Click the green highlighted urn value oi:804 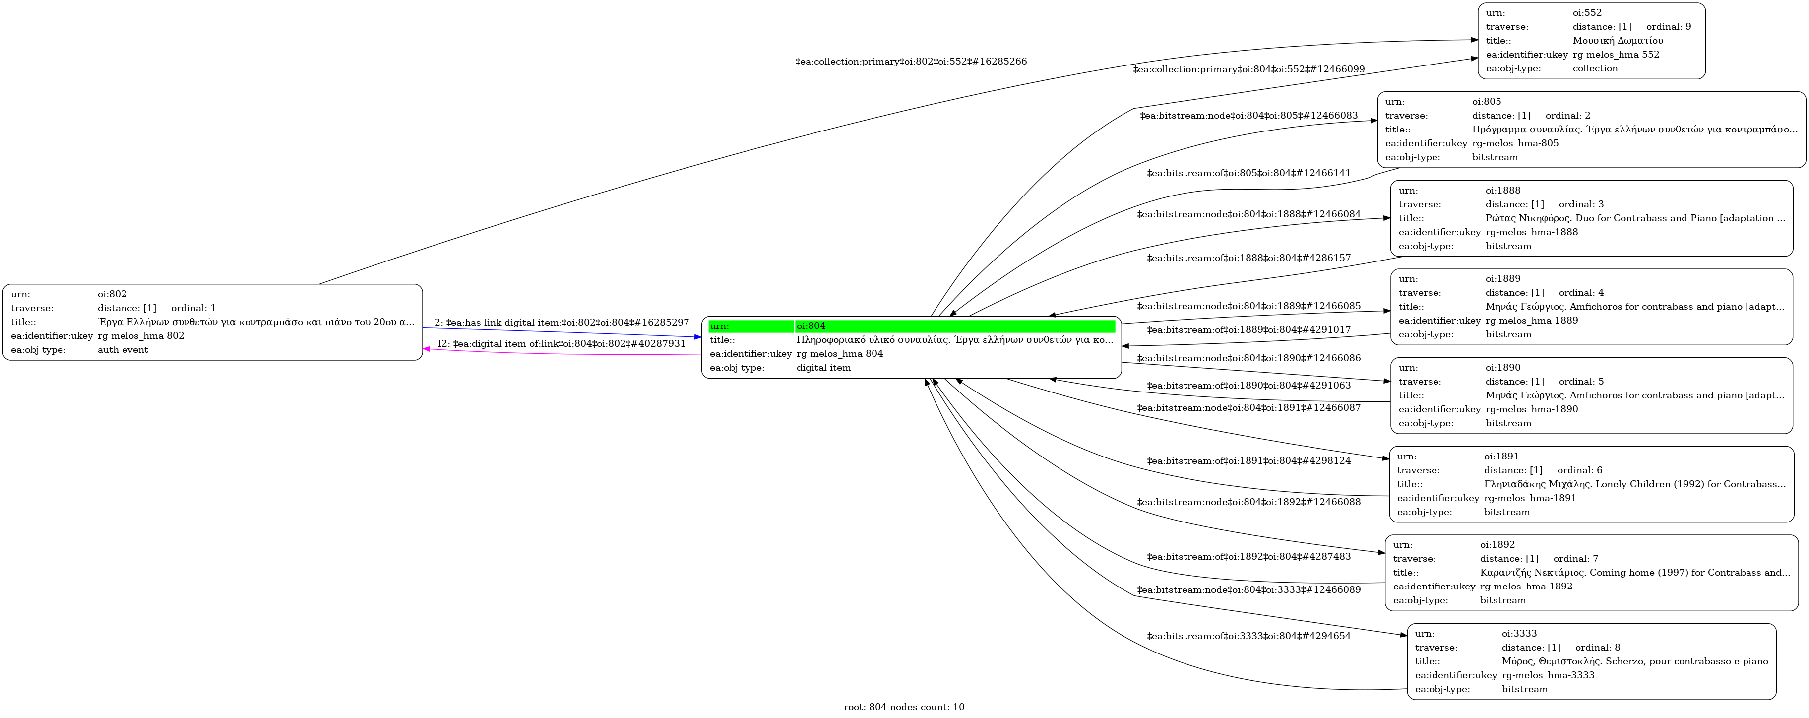811,326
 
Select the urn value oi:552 1587,12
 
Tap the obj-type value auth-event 123,350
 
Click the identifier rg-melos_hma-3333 1548,675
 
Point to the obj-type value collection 1595,68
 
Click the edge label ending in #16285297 562,323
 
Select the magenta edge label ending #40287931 562,343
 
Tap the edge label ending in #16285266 911,61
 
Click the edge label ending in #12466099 1248,69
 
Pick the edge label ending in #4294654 1248,636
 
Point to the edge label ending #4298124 1248,461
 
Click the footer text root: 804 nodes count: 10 904,707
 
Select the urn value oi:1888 1503,191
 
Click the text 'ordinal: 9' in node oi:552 1669,27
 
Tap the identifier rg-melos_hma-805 1515,143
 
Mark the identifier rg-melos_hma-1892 1526,586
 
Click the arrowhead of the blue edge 697,337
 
